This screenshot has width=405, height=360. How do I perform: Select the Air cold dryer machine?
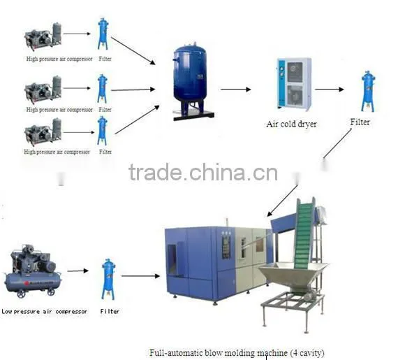[x=294, y=85]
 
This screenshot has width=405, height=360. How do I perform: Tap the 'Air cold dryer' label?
[x=292, y=124]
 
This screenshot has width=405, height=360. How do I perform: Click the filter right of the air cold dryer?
[x=368, y=92]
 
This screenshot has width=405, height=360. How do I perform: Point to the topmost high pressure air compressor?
[x=43, y=36]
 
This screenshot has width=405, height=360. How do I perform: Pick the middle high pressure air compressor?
[x=43, y=89]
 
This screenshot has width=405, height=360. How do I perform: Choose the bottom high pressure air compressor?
[x=43, y=132]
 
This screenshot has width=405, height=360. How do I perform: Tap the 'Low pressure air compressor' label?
[x=44, y=312]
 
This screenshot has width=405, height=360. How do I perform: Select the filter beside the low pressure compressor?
[x=108, y=280]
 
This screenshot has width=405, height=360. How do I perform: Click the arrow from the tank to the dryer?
[x=235, y=89]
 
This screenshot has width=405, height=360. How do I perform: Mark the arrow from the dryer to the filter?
[x=330, y=89]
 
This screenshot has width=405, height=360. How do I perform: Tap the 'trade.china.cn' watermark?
[x=203, y=172]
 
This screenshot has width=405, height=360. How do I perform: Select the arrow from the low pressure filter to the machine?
[x=140, y=276]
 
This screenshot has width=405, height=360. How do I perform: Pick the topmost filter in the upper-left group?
[x=103, y=34]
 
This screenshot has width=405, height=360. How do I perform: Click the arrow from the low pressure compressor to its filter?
[x=78, y=271]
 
